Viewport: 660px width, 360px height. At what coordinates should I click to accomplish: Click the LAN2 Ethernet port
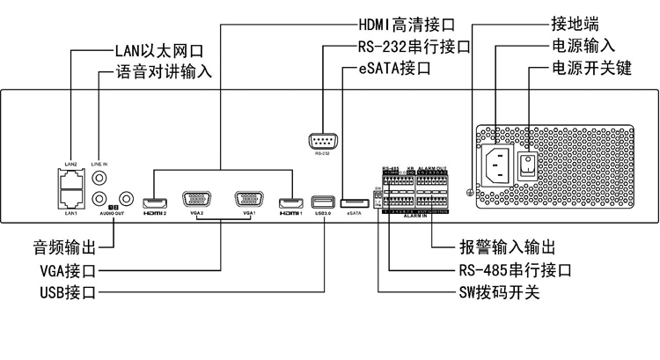tap(71, 177)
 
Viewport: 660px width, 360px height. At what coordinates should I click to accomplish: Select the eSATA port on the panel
tap(355, 201)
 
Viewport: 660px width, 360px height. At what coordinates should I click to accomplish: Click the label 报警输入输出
tap(508, 246)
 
